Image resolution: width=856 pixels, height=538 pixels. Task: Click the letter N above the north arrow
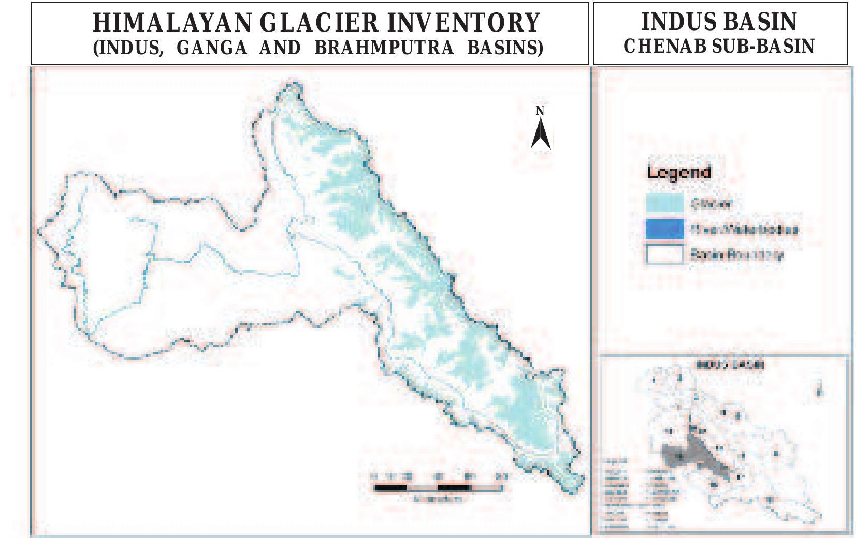[540, 111]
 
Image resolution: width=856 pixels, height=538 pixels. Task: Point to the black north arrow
[541, 134]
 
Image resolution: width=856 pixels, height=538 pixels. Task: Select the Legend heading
[679, 172]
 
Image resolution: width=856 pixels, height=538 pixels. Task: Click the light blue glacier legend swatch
[664, 203]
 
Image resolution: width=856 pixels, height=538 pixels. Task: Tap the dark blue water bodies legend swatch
[664, 229]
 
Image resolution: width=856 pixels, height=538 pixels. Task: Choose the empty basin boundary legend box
[664, 255]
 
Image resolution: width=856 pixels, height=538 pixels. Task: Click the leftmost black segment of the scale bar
[390, 487]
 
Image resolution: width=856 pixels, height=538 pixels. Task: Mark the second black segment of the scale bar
[454, 487]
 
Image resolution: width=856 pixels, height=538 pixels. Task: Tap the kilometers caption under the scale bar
[437, 499]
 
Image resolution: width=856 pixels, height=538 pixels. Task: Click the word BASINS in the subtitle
[505, 48]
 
